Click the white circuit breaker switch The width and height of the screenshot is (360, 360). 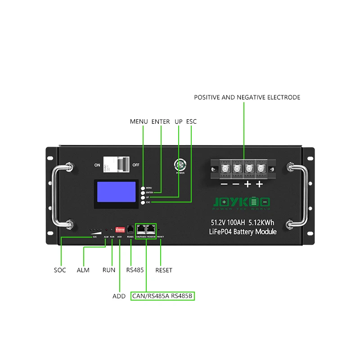(x=114, y=166)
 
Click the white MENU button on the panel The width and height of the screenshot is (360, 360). (x=143, y=188)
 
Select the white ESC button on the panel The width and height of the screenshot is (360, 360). (x=143, y=203)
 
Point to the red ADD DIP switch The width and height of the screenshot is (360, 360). (x=120, y=229)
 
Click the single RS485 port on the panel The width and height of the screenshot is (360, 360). (x=130, y=229)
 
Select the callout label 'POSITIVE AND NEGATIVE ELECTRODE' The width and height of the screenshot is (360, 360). (x=247, y=97)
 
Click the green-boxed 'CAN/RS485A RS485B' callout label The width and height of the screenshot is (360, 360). (x=163, y=297)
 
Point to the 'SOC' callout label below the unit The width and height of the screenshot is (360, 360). (x=60, y=270)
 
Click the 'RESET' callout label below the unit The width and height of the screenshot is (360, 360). (x=164, y=270)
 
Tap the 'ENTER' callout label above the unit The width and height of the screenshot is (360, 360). (x=161, y=121)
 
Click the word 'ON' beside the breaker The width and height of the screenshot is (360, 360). (x=97, y=165)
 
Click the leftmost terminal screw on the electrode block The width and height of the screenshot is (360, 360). (x=224, y=170)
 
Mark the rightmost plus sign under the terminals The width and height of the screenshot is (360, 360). (x=259, y=184)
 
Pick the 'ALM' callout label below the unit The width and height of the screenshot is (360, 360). (x=83, y=270)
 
